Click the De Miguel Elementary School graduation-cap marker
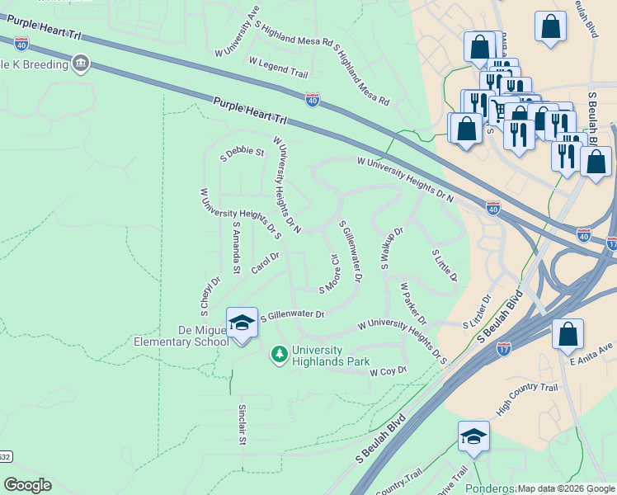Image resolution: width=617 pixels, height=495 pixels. [242, 323]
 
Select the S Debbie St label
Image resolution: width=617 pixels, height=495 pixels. [242, 152]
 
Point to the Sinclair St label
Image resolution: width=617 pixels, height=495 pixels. [243, 424]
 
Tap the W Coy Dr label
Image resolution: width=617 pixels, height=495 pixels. [389, 372]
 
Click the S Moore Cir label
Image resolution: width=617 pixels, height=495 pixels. [330, 273]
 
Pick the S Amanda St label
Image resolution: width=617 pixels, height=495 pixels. [236, 247]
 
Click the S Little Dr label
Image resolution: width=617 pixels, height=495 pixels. [445, 266]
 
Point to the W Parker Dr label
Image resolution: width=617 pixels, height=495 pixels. [412, 304]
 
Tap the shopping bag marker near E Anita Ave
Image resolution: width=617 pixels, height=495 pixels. [568, 334]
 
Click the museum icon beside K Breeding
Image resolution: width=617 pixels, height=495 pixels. [81, 64]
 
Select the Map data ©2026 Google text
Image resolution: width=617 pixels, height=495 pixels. [565, 488]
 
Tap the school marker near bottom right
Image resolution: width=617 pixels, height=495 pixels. [473, 437]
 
